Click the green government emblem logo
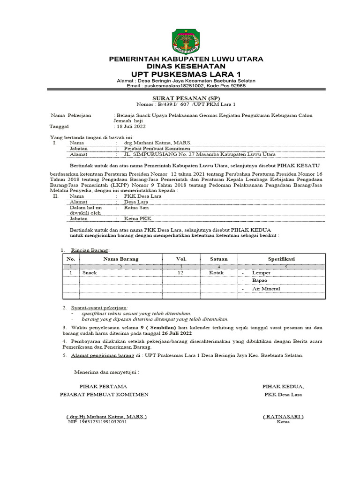point(186,41)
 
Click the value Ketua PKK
point(138,219)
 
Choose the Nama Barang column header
point(121,259)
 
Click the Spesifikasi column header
point(281,259)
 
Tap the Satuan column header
point(219,259)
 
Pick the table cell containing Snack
point(90,272)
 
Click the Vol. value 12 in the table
point(180,272)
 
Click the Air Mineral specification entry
point(266,289)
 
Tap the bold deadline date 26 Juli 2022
point(173,333)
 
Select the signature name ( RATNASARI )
point(283,416)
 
